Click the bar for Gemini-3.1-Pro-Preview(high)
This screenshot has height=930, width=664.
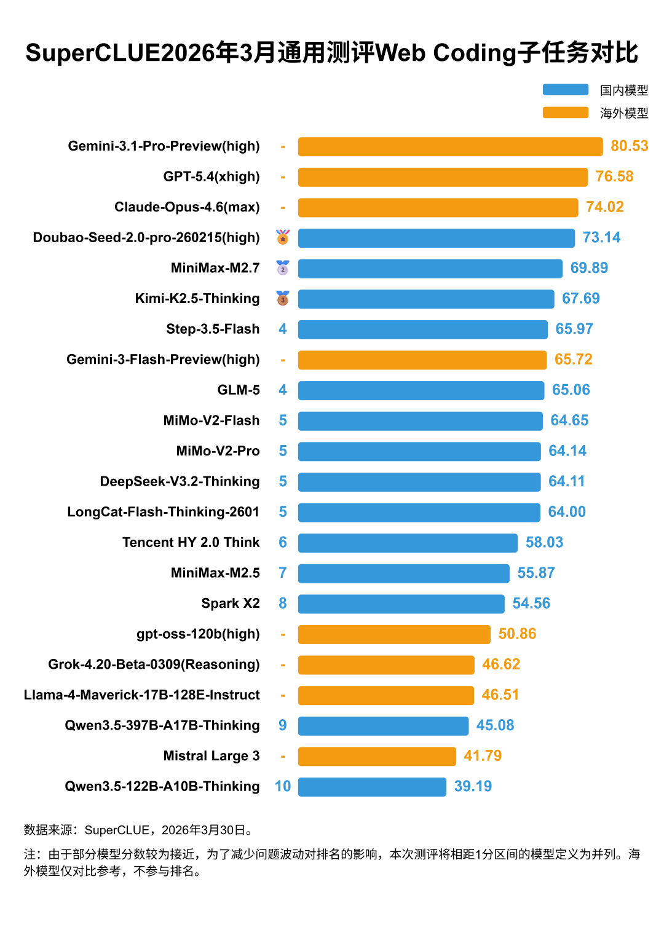click(450, 146)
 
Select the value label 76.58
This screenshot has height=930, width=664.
click(614, 176)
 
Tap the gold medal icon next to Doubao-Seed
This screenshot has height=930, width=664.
click(283, 237)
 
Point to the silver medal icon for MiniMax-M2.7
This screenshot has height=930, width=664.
click(283, 268)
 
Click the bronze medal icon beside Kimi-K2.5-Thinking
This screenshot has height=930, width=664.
click(283, 299)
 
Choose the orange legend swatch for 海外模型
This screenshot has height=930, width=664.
click(566, 112)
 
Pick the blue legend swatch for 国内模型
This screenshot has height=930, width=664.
click(566, 90)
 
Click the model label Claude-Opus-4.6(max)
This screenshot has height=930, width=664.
click(187, 207)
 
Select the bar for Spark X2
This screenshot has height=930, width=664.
click(401, 604)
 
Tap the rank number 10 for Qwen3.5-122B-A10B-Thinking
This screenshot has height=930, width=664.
click(283, 786)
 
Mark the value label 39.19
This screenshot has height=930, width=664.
click(473, 786)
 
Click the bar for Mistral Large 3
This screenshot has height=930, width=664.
click(377, 756)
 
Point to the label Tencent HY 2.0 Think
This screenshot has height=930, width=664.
click(191, 542)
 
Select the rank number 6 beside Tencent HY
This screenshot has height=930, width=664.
click(283, 542)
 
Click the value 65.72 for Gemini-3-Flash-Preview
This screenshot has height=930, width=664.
click(573, 360)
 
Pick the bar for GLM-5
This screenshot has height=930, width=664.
click(421, 390)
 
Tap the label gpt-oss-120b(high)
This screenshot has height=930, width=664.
click(198, 634)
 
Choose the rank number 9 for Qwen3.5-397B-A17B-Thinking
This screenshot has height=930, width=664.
click(283, 725)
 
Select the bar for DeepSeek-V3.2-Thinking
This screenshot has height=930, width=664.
click(419, 482)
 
